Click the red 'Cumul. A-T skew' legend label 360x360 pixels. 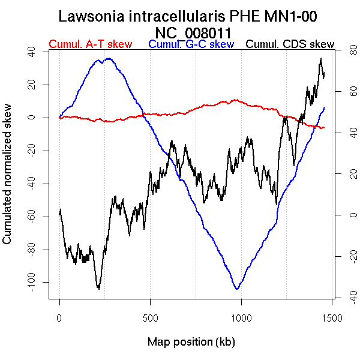90,44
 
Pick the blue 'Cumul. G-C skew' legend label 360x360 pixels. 191,44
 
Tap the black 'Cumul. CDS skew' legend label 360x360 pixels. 290,44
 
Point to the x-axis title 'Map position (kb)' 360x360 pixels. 191,342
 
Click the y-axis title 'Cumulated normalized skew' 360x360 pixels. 8,181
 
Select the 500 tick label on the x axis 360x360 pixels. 150,317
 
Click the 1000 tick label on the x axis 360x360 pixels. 241,317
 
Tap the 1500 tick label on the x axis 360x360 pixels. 332,317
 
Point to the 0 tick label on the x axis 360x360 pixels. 59,317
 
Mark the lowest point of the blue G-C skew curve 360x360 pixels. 238,289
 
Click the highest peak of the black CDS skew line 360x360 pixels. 322,59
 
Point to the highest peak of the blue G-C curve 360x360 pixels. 109,58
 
